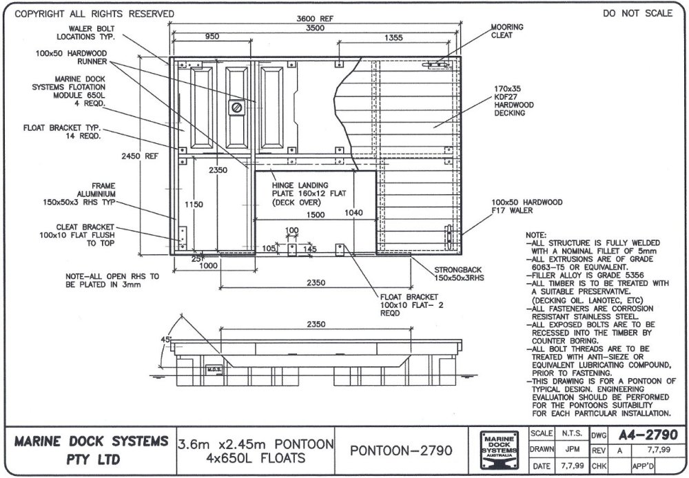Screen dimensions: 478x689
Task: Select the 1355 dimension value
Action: pos(393,37)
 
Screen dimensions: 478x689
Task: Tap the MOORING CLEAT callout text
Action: pos(506,31)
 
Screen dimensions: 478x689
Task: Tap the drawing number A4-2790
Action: pos(647,435)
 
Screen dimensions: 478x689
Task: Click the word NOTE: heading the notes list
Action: pos(535,235)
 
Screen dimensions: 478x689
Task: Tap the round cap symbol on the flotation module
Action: pos(236,107)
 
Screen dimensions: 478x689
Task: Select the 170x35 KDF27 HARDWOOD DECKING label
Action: pos(513,101)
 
